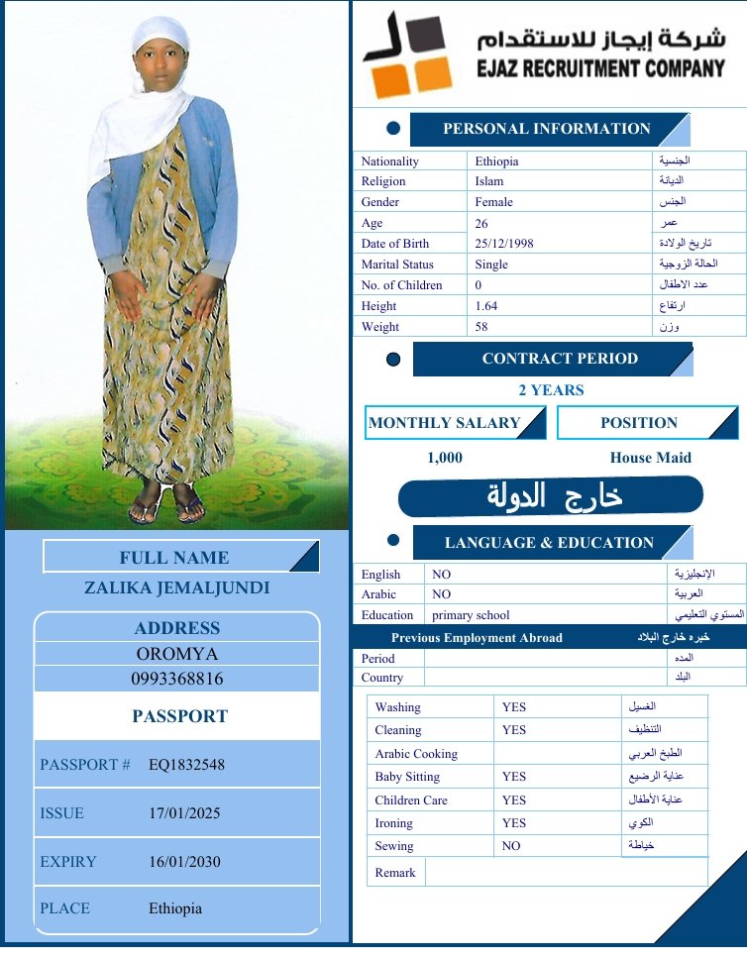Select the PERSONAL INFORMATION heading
pyautogui.click(x=546, y=129)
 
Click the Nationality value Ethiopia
pyautogui.click(x=496, y=161)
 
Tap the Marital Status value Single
pyautogui.click(x=491, y=265)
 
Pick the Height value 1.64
pyautogui.click(x=486, y=306)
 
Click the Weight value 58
pyautogui.click(x=482, y=327)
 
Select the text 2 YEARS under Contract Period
pyautogui.click(x=551, y=390)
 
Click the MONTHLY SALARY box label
pyautogui.click(x=444, y=423)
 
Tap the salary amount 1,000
pyautogui.click(x=445, y=458)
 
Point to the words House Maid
pyautogui.click(x=650, y=458)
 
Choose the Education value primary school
pyautogui.click(x=471, y=615)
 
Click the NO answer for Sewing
pyautogui.click(x=511, y=847)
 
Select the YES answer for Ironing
pyautogui.click(x=514, y=823)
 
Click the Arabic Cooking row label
pyautogui.click(x=416, y=754)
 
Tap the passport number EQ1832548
pyautogui.click(x=186, y=766)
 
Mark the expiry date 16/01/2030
pyautogui.click(x=184, y=862)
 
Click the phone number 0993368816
pyautogui.click(x=177, y=680)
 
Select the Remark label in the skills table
pyautogui.click(x=395, y=873)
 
